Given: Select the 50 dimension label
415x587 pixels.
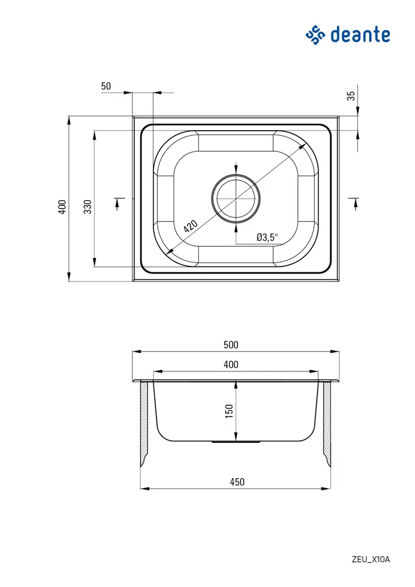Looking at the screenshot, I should pyautogui.click(x=106, y=86).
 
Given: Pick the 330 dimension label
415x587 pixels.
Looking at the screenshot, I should pyautogui.click(x=88, y=206).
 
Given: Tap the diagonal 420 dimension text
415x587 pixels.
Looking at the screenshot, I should pyautogui.click(x=190, y=225).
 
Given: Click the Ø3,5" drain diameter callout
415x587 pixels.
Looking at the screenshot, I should pyautogui.click(x=267, y=237).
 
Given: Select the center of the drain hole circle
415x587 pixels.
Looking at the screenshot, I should pyautogui.click(x=236, y=198).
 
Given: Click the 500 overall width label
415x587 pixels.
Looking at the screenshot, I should pyautogui.click(x=230, y=345).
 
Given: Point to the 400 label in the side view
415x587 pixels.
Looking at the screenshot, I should pyautogui.click(x=230, y=364).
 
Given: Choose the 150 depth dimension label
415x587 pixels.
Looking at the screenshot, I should pyautogui.click(x=229, y=410).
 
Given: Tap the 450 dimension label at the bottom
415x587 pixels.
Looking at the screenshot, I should pyautogui.click(x=237, y=482).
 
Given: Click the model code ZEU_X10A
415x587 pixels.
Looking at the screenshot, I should pyautogui.click(x=371, y=559).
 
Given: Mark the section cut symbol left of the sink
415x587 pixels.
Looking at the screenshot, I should pyautogui.click(x=119, y=202).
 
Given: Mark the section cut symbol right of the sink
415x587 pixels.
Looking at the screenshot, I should pyautogui.click(x=354, y=202).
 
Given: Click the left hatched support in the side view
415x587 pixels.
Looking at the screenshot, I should pyautogui.click(x=144, y=421).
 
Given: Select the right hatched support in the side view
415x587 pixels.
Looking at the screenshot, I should pyautogui.click(x=328, y=421).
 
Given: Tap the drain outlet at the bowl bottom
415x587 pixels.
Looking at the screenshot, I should pyautogui.click(x=236, y=442).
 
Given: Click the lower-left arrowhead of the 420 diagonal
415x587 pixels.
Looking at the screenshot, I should pyautogui.click(x=168, y=252).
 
